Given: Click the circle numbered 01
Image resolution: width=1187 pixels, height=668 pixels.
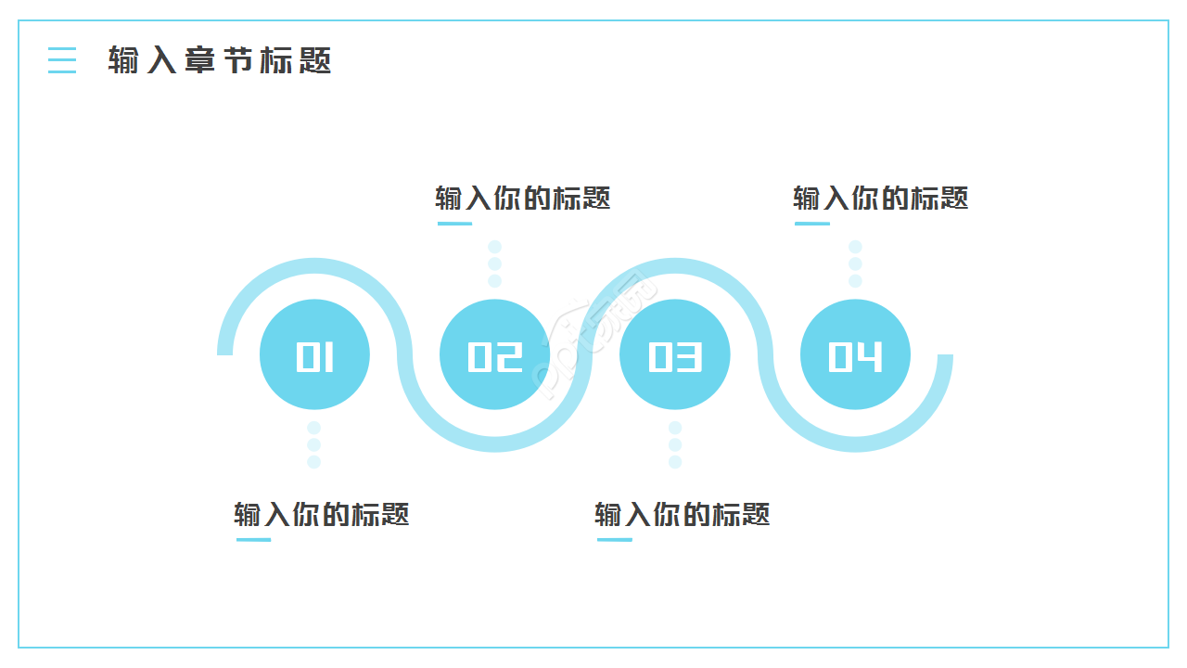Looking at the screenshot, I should [x=314, y=354].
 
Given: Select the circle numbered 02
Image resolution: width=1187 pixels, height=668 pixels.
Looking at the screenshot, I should [x=494, y=354].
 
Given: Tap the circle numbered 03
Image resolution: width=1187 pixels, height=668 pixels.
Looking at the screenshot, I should [x=675, y=354].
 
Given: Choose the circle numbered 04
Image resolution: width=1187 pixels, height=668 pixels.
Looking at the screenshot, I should [x=855, y=354].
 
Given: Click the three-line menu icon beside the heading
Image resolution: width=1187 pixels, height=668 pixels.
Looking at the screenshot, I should [x=62, y=60].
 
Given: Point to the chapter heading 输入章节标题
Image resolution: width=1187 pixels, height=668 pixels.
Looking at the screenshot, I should [x=220, y=60].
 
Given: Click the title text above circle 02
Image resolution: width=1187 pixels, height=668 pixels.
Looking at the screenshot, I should [x=523, y=198].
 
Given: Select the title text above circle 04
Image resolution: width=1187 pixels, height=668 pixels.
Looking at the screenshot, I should [x=881, y=198].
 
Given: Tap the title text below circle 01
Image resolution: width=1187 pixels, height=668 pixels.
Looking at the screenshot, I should [x=322, y=514].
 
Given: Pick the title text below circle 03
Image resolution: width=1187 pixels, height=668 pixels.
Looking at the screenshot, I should [x=683, y=514].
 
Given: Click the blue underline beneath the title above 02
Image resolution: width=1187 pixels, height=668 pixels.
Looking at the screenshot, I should [x=454, y=224].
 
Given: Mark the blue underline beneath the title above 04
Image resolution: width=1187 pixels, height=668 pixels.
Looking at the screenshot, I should [x=812, y=224].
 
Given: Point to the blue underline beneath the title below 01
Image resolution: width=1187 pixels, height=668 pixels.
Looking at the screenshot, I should [x=253, y=540].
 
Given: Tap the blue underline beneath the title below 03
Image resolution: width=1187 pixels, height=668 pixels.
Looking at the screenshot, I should [x=614, y=540].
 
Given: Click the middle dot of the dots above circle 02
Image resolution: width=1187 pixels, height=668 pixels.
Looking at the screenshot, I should [x=495, y=264].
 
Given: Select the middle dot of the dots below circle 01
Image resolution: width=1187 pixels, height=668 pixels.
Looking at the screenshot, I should [x=314, y=445].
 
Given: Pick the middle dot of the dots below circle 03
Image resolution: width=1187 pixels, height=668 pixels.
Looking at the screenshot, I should [x=675, y=445].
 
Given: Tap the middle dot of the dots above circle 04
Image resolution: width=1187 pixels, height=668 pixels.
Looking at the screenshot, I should [x=855, y=264].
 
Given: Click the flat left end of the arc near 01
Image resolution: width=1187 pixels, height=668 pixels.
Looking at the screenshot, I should [x=225, y=352].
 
